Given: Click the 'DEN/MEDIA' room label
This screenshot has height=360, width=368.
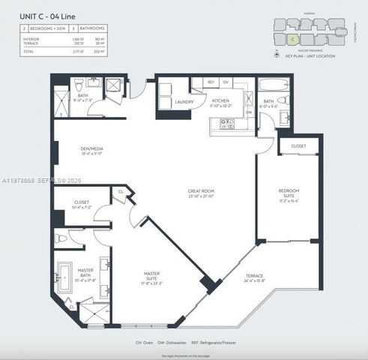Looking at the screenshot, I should (x=92, y=148).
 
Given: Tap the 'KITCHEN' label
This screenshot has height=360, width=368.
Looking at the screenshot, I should (x=221, y=100).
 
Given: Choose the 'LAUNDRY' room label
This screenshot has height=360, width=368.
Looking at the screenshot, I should (x=184, y=101).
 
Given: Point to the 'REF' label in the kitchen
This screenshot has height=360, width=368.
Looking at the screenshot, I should (x=211, y=81).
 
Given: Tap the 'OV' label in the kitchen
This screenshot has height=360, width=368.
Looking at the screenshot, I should (x=226, y=81).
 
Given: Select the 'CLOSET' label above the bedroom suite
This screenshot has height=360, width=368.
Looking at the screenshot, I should (x=298, y=146).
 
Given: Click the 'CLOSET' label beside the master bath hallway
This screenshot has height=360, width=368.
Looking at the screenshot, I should (x=82, y=202).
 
